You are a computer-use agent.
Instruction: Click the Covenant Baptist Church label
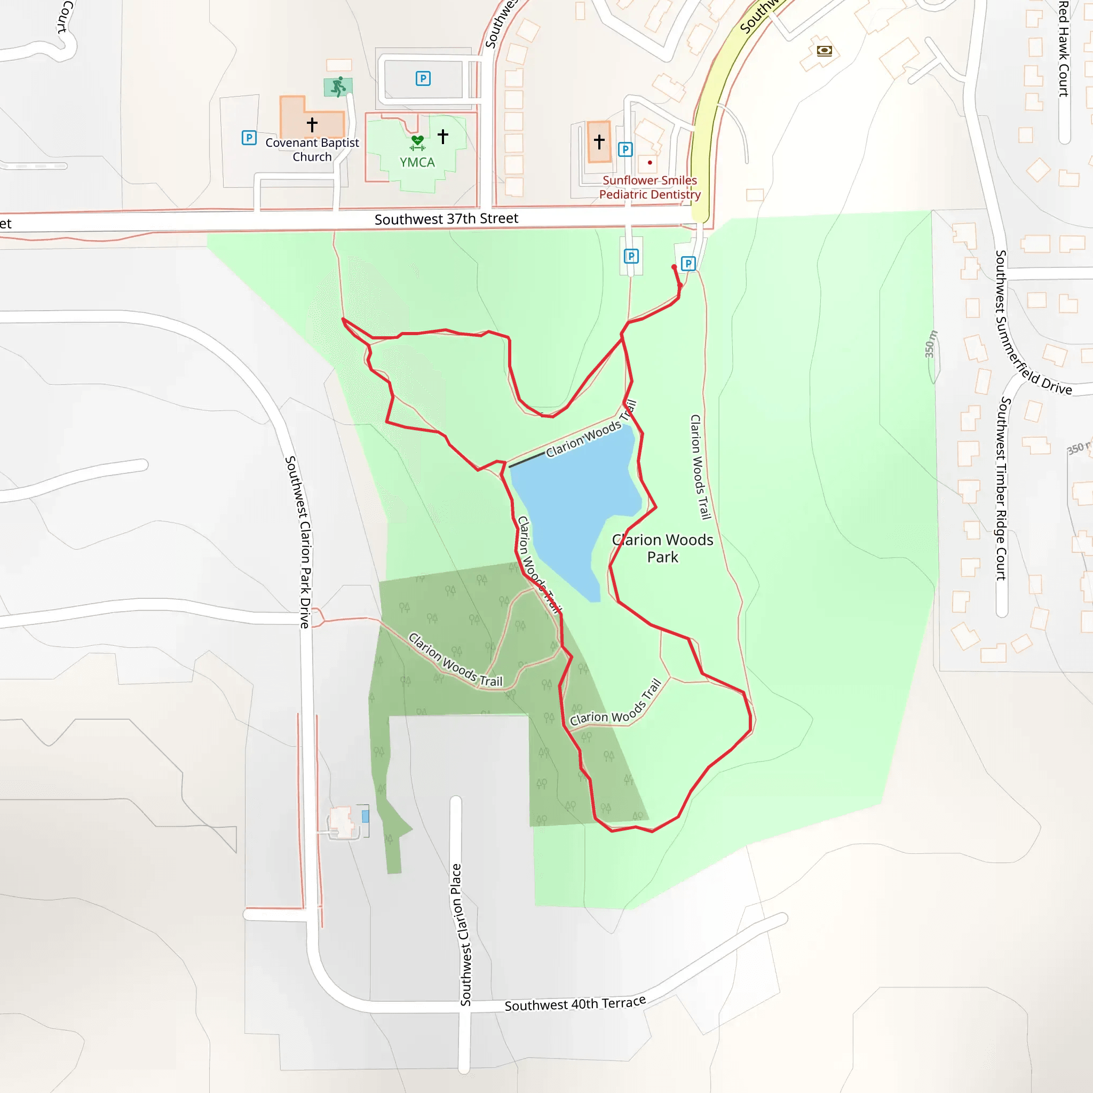pyautogui.click(x=312, y=150)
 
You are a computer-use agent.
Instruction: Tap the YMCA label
pyautogui.click(x=417, y=162)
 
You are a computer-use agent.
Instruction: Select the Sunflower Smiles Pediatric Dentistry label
pyautogui.click(x=650, y=187)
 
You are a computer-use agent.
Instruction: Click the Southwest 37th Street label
pyautogui.click(x=446, y=219)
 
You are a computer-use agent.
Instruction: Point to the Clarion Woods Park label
pyautogui.click(x=662, y=548)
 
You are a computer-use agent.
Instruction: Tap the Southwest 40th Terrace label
pyautogui.click(x=575, y=1004)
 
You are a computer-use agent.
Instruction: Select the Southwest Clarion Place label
pyautogui.click(x=461, y=934)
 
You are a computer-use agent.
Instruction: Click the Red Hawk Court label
pyautogui.click(x=1064, y=49)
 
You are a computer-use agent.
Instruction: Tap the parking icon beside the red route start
pyautogui.click(x=688, y=264)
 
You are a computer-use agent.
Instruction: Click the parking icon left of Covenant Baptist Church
pyautogui.click(x=249, y=138)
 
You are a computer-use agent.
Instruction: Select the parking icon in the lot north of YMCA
pyautogui.click(x=423, y=78)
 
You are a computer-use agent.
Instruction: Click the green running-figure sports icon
pyautogui.click(x=338, y=87)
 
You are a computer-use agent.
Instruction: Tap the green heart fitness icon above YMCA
pyautogui.click(x=417, y=142)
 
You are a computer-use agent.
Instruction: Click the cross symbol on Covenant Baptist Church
pyautogui.click(x=312, y=124)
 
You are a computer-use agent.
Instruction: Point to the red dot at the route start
pyautogui.click(x=674, y=267)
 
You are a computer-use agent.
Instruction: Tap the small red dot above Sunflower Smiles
pyautogui.click(x=650, y=163)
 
